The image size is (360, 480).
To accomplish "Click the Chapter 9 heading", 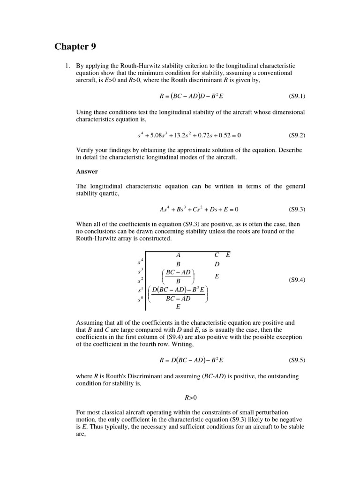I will pos(71,46).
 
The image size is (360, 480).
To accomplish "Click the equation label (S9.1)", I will pos(296,96).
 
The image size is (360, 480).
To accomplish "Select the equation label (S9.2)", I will pos(296,135).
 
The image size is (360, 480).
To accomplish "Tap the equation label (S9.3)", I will pos(296,209).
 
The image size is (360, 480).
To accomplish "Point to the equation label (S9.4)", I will pos(296,280).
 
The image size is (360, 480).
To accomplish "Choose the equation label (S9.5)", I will pos(296,360).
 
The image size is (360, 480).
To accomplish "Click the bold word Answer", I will pos(87,172).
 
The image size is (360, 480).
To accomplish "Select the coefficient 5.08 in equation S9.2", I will pos(157,135).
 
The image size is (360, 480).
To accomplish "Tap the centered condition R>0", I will pos(191,398).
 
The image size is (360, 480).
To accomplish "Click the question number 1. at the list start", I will pos(67,66).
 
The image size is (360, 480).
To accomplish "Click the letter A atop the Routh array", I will pos(178,255).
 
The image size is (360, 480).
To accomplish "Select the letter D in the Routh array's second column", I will pos(217,264).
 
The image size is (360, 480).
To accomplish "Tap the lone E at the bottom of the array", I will pos(178,307).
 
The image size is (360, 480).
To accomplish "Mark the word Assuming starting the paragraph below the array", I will pos(89,323).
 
